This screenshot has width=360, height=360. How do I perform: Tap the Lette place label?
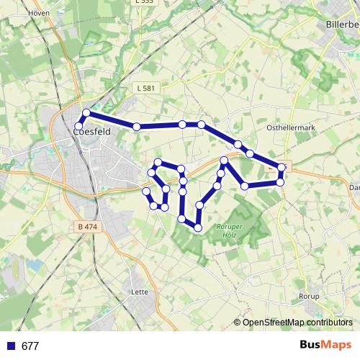[140, 292]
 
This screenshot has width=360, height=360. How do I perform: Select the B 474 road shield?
[86, 227]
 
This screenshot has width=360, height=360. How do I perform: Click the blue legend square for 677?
[9, 346]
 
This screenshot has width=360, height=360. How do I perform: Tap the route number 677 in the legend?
[30, 346]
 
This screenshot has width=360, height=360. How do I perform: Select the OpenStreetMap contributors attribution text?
[297, 323]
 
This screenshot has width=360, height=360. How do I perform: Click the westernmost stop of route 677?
[78, 127]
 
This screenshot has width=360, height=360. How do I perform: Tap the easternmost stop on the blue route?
[282, 168]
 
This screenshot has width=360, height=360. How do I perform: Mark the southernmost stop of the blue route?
[197, 228]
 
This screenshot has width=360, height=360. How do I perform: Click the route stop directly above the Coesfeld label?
[86, 112]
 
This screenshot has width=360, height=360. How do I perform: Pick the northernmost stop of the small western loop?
[158, 162]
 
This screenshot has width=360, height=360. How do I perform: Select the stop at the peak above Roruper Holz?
[225, 160]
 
